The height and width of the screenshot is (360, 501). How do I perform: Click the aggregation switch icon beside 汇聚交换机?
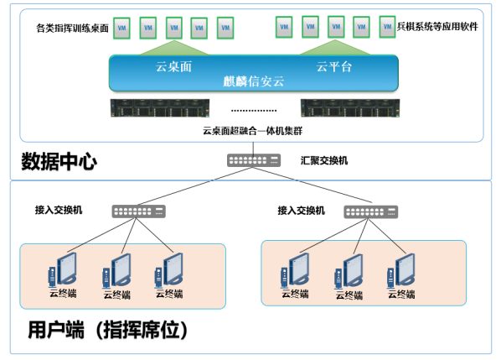click(254, 160)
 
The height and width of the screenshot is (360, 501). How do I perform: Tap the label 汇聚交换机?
click(324, 160)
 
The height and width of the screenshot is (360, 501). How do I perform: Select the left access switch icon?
click(139, 211)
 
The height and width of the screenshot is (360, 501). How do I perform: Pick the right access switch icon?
click(371, 211)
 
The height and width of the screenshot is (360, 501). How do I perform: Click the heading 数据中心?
click(59, 161)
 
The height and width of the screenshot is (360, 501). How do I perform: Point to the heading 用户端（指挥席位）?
click(108, 330)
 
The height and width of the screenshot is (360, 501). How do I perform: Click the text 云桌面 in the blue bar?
click(173, 66)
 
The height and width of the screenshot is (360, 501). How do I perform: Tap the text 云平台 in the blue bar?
click(334, 66)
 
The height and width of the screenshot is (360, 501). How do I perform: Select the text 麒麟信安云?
click(253, 81)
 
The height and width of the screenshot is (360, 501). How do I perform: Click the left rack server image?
click(160, 108)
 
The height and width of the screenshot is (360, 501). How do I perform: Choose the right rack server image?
click(350, 108)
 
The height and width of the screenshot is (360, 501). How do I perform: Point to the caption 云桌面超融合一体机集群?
click(252, 131)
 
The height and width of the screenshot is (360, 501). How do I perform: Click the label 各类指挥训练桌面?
click(73, 29)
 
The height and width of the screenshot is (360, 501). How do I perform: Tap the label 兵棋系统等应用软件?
click(437, 27)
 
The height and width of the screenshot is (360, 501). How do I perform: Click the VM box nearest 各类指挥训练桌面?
click(121, 29)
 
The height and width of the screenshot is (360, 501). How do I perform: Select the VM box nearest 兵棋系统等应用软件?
click(387, 27)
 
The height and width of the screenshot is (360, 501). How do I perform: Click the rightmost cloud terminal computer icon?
click(401, 270)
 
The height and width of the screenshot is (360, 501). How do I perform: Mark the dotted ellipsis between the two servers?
click(254, 111)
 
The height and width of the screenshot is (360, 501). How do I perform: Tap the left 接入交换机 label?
click(59, 210)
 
